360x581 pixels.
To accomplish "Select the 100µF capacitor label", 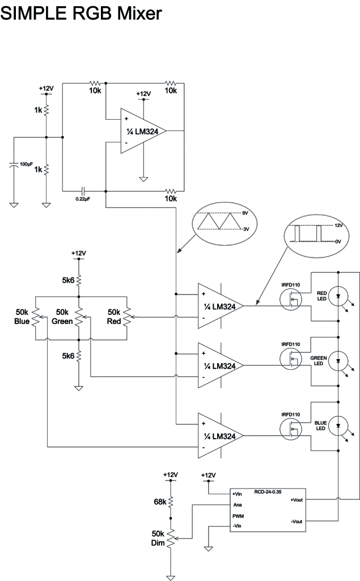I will click(x=26, y=163).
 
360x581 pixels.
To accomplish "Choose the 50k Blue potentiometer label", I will click(x=22, y=317).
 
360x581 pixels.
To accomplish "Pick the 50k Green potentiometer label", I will click(x=63, y=317).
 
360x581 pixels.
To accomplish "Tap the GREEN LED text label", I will click(x=318, y=361).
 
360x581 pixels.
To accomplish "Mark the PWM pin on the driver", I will click(x=238, y=516).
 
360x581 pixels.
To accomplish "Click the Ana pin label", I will click(x=237, y=504).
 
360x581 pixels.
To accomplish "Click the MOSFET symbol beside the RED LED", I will click(x=292, y=299).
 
